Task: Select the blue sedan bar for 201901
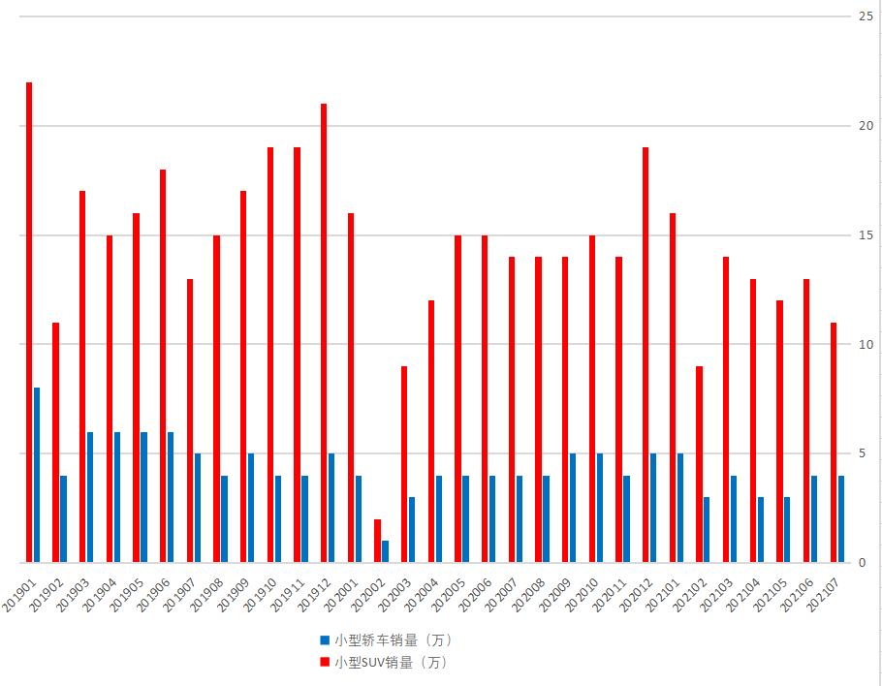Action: click(x=37, y=475)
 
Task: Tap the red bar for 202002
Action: click(x=378, y=541)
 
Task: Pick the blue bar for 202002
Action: click(x=385, y=551)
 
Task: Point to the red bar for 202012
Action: click(x=646, y=355)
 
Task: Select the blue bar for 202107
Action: click(x=841, y=518)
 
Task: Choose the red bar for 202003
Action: click(x=404, y=464)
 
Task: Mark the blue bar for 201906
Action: click(x=171, y=497)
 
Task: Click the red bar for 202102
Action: click(x=699, y=464)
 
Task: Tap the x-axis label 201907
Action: click(x=181, y=589)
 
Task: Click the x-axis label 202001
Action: click(x=342, y=589)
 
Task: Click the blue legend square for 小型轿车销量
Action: click(x=325, y=640)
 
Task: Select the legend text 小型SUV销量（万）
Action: click(x=391, y=663)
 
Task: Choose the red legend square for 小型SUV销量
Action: click(x=325, y=663)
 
